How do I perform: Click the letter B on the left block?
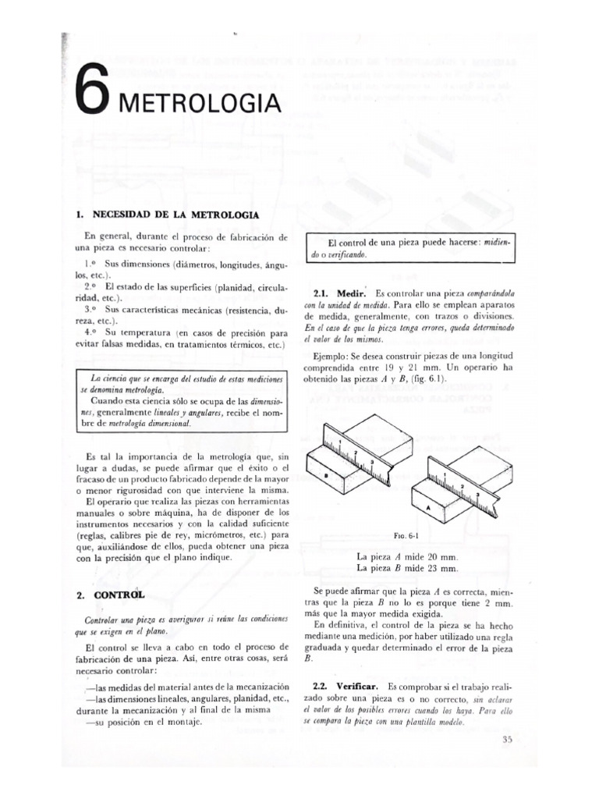click(x=326, y=475)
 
